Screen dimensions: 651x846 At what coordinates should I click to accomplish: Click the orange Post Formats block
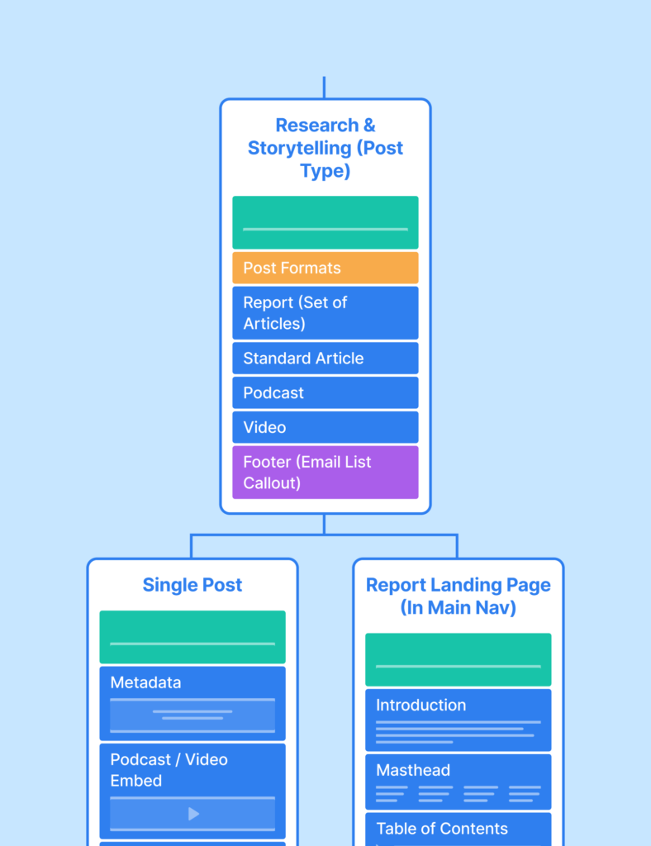[325, 268]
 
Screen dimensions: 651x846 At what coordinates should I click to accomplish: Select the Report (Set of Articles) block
[325, 313]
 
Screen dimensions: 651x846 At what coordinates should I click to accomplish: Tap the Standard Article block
[325, 359]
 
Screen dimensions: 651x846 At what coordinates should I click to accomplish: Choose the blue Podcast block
[325, 392]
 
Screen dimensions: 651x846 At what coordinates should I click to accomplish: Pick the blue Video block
[325, 427]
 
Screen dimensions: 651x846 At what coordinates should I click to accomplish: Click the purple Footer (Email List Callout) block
[325, 472]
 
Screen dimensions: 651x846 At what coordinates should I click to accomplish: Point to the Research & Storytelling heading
[325, 148]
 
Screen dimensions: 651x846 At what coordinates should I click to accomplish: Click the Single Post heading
[192, 585]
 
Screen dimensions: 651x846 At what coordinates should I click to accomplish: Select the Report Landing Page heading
[459, 596]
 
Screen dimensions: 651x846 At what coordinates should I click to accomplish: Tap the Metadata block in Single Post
[192, 704]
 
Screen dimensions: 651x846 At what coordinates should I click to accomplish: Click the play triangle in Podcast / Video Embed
[193, 814]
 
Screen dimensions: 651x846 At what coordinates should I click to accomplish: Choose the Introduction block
[459, 720]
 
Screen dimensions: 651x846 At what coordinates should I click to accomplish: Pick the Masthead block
[459, 782]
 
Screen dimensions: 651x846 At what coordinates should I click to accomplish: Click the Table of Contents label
[442, 828]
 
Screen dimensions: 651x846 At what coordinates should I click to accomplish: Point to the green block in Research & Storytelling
[325, 222]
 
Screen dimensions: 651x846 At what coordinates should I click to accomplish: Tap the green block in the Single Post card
[192, 637]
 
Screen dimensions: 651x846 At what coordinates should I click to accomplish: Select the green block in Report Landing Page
[459, 660]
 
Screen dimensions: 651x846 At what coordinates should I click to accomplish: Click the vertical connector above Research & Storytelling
[324, 88]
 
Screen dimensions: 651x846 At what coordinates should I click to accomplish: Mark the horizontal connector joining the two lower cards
[324, 535]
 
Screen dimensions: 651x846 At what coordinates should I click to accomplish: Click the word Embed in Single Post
[136, 781]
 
